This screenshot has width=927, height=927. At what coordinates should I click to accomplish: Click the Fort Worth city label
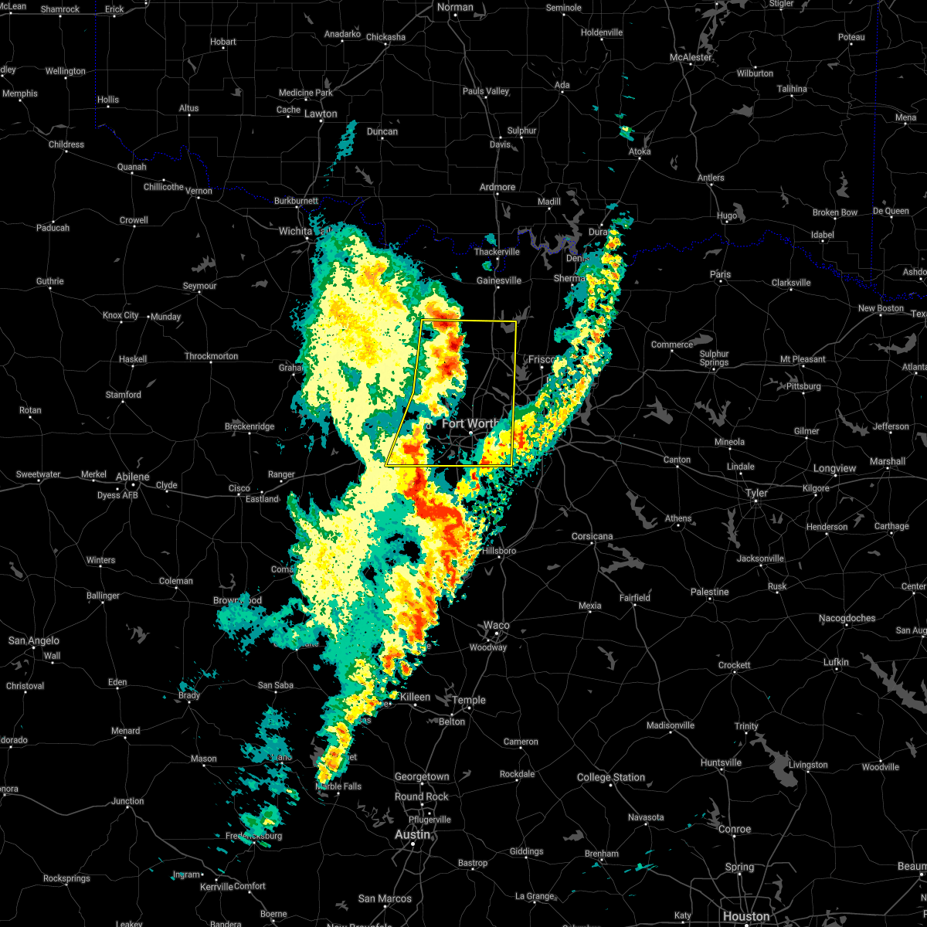(x=470, y=423)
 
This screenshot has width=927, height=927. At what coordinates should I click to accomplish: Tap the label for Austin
(x=413, y=835)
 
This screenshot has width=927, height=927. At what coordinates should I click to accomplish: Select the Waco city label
(x=497, y=626)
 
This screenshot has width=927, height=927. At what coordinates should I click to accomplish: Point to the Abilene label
(x=132, y=477)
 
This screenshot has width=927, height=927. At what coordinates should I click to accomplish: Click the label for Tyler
(x=756, y=493)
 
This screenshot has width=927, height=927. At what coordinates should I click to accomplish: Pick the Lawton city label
(x=321, y=114)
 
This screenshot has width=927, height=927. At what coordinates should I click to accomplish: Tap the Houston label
(x=746, y=916)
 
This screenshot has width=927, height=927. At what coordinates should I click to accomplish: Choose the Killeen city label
(x=415, y=697)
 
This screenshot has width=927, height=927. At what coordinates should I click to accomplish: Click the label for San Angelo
(x=33, y=640)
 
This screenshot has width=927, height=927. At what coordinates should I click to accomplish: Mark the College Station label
(x=611, y=777)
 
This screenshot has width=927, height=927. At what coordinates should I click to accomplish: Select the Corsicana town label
(x=593, y=536)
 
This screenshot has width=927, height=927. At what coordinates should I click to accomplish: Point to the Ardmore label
(x=497, y=187)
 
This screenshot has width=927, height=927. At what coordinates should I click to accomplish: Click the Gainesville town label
(x=499, y=280)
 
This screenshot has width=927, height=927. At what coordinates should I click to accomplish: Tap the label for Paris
(x=720, y=274)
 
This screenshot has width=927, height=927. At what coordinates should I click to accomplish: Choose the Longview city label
(x=835, y=468)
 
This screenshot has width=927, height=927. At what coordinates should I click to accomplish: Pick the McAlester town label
(x=691, y=58)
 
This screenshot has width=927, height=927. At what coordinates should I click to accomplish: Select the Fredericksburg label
(x=253, y=836)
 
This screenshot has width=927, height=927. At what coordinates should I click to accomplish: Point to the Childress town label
(x=66, y=144)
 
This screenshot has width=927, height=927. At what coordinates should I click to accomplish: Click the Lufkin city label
(x=837, y=662)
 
